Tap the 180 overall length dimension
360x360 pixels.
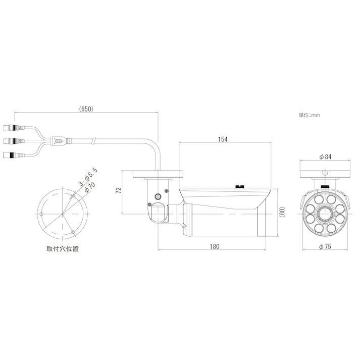[x=215, y=246]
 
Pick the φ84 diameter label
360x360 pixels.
[x=325, y=157]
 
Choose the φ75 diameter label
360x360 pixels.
[x=325, y=246]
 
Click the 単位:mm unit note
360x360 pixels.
[x=310, y=115]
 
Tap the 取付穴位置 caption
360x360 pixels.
[x=63, y=248]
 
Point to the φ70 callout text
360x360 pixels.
[x=90, y=187]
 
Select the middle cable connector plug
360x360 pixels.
[x=13, y=140]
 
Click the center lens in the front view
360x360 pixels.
[x=325, y=214]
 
